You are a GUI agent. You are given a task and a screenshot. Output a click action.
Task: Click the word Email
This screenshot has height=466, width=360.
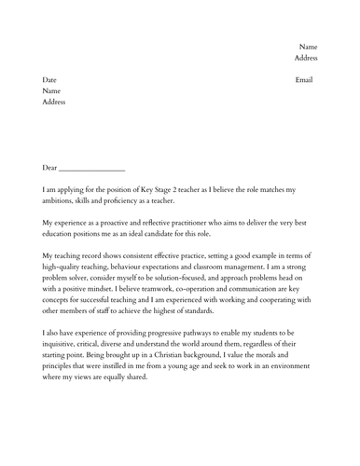pyautogui.click(x=305, y=80)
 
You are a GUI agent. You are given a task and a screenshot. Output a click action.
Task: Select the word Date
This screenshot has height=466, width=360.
pyautogui.click(x=51, y=80)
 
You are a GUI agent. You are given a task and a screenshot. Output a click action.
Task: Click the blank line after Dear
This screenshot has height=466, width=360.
pyautogui.click(x=91, y=169)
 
